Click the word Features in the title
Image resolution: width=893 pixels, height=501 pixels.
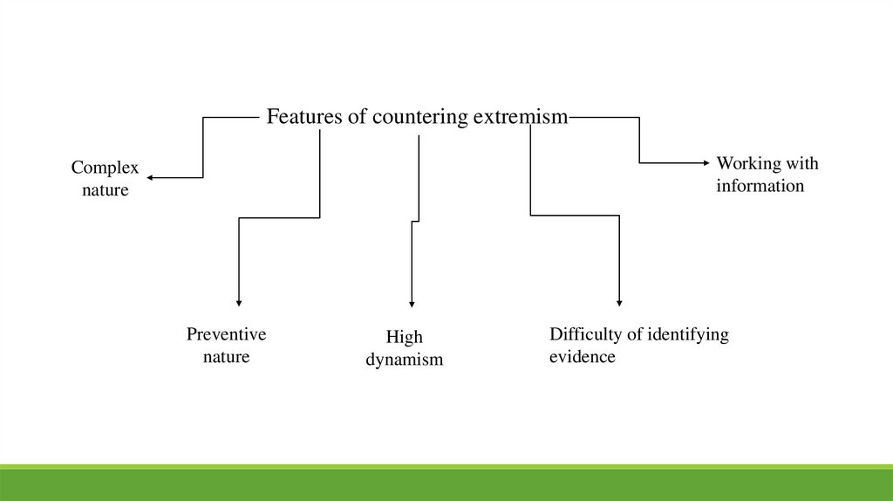point(303,117)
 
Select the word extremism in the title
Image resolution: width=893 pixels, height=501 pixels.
point(521,117)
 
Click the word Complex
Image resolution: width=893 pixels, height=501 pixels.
point(105,168)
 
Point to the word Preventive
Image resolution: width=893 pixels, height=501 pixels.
point(226,334)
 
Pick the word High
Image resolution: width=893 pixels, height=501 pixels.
point(404,338)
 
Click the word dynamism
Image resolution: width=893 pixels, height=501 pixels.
point(404,359)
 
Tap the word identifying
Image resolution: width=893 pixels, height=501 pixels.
point(685,334)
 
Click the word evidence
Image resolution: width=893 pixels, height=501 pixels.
point(582,356)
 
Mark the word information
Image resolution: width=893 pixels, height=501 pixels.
point(760,185)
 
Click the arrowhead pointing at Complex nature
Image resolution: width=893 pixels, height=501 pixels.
point(150,177)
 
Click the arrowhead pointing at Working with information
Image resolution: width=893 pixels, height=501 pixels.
point(707,162)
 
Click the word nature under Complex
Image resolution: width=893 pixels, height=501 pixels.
point(105,189)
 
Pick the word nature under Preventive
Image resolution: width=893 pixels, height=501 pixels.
point(226,356)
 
